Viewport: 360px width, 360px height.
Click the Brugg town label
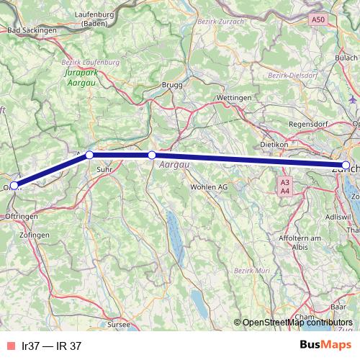coord(172,84)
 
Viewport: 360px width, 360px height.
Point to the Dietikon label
coord(274,144)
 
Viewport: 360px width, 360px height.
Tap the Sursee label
coord(120,325)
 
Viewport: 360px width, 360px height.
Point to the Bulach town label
coord(346,57)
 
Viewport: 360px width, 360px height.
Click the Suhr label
coord(104,170)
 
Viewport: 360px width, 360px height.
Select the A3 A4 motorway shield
coord(285,186)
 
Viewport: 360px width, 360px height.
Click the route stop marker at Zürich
coord(346,166)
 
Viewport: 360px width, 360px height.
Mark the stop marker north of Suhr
coord(89,155)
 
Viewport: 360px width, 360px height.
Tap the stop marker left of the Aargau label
coord(152,155)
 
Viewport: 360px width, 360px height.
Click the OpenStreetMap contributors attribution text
coord(297,323)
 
